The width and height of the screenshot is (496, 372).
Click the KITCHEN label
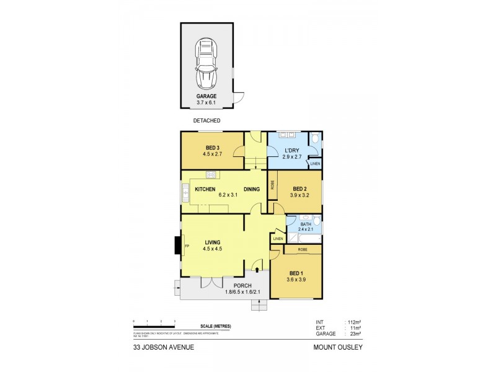click(x=205, y=188)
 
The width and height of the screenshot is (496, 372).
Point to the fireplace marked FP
click(x=187, y=246)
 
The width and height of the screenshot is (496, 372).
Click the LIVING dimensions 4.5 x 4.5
click(x=212, y=249)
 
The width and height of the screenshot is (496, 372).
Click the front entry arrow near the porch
click(x=257, y=269)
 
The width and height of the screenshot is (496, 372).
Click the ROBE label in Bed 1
click(x=302, y=249)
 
